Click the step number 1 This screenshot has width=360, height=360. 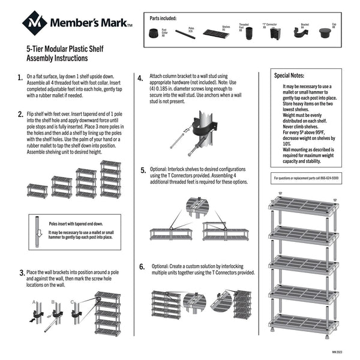point(20,78)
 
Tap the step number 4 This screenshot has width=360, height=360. point(140,78)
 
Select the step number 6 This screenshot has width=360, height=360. point(142,267)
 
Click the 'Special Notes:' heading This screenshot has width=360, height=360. point(289,76)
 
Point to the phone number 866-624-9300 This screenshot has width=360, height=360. point(327,178)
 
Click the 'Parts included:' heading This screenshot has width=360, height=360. point(163,18)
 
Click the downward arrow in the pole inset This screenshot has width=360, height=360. point(38,233)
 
